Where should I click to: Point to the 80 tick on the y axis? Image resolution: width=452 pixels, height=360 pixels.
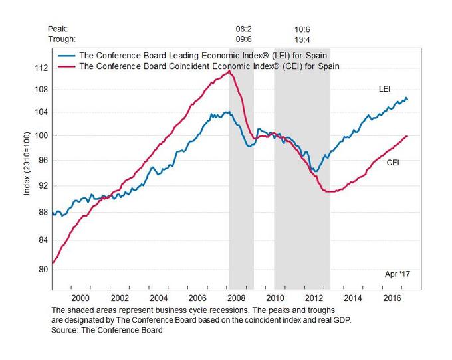(42, 270)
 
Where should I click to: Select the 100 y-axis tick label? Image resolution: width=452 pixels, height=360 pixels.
(40, 136)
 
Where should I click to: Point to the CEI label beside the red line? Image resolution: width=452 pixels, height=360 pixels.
(394, 162)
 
